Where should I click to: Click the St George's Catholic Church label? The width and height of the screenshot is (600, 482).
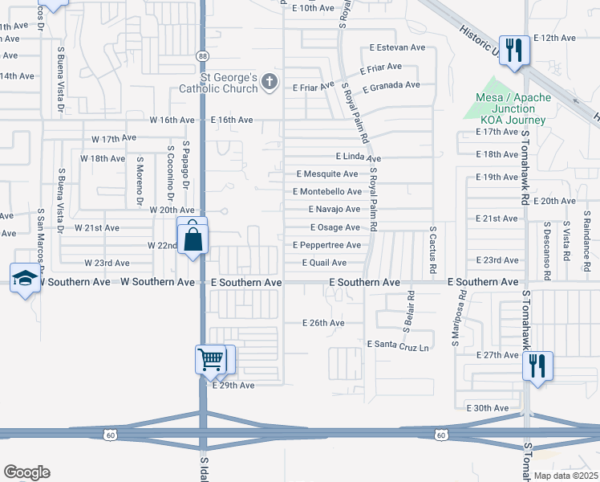[x=218, y=84]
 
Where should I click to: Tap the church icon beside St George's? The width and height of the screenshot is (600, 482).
[x=270, y=82]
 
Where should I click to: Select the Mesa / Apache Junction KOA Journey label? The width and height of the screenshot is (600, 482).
[x=513, y=108]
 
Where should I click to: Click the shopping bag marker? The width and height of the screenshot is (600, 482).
[x=194, y=239]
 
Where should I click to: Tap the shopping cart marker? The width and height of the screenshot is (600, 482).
[x=211, y=360]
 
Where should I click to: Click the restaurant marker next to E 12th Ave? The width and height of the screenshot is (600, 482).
[x=513, y=51]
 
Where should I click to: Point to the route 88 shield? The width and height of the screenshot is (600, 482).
[x=203, y=55]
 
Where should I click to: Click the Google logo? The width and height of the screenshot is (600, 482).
[x=26, y=472]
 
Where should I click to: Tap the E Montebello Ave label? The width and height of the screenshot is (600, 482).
[x=327, y=191]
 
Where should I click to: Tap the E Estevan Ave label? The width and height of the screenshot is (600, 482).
[x=397, y=47]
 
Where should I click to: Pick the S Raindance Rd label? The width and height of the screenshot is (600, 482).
[x=586, y=240]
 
